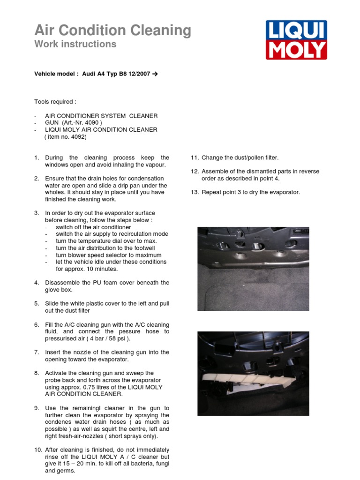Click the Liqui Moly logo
296,40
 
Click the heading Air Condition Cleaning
112,30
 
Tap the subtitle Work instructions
75,44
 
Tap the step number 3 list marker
37,213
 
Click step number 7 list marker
37,352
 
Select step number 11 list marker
195,158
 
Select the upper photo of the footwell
253,269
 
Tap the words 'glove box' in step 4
59,290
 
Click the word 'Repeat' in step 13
211,192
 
